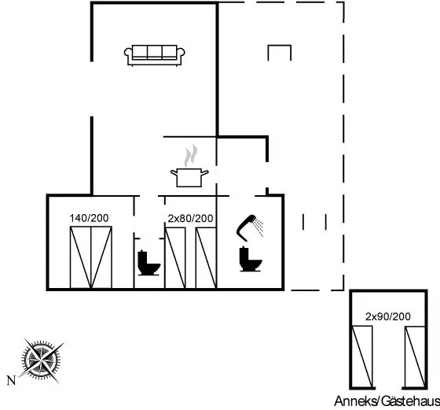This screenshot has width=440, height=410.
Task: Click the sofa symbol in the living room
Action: (154, 55)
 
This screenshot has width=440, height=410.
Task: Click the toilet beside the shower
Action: (251, 259)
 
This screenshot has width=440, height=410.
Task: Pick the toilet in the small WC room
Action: (148, 263)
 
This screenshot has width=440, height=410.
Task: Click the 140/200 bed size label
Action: (89, 218)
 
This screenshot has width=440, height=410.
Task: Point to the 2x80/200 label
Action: (190, 218)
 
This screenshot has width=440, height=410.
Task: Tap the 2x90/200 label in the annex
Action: (388, 316)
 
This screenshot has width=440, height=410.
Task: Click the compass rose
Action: (41, 360)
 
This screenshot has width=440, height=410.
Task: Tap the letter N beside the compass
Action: (11, 381)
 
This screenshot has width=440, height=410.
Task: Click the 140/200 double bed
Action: (91, 257)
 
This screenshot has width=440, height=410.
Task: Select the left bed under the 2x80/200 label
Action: (175, 258)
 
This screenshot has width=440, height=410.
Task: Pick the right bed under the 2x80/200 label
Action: (206, 258)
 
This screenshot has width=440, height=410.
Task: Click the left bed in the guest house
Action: (362, 357)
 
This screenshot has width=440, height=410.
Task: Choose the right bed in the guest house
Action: (415, 357)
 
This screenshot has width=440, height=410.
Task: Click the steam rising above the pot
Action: (190, 156)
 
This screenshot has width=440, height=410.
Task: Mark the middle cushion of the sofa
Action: (154, 52)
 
